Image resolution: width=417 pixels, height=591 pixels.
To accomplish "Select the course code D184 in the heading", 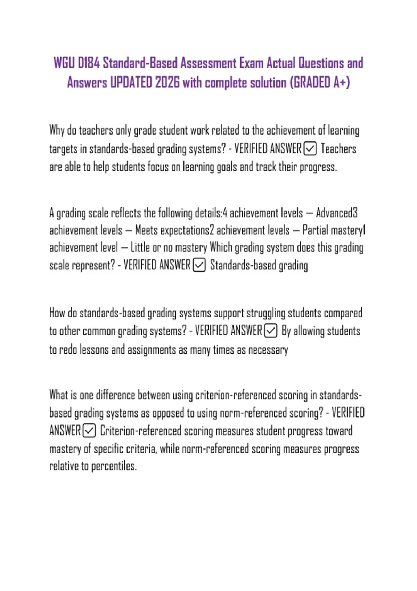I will click(89, 63).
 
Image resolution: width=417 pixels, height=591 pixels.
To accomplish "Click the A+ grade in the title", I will click(341, 83).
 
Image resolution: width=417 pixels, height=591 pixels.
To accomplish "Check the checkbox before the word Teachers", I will click(310, 149).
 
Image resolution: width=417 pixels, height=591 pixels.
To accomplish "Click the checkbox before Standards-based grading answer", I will click(199, 265).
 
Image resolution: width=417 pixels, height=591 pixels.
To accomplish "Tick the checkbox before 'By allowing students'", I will click(271, 331).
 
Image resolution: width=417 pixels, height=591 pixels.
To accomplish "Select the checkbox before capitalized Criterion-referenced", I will click(89, 431).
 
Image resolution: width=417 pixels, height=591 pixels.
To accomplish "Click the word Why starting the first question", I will click(57, 131).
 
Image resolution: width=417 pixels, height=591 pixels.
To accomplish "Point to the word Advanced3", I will click(336, 213).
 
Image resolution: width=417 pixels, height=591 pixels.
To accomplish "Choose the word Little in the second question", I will click(140, 248).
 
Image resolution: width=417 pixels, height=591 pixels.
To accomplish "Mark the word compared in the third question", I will click(343, 313).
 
